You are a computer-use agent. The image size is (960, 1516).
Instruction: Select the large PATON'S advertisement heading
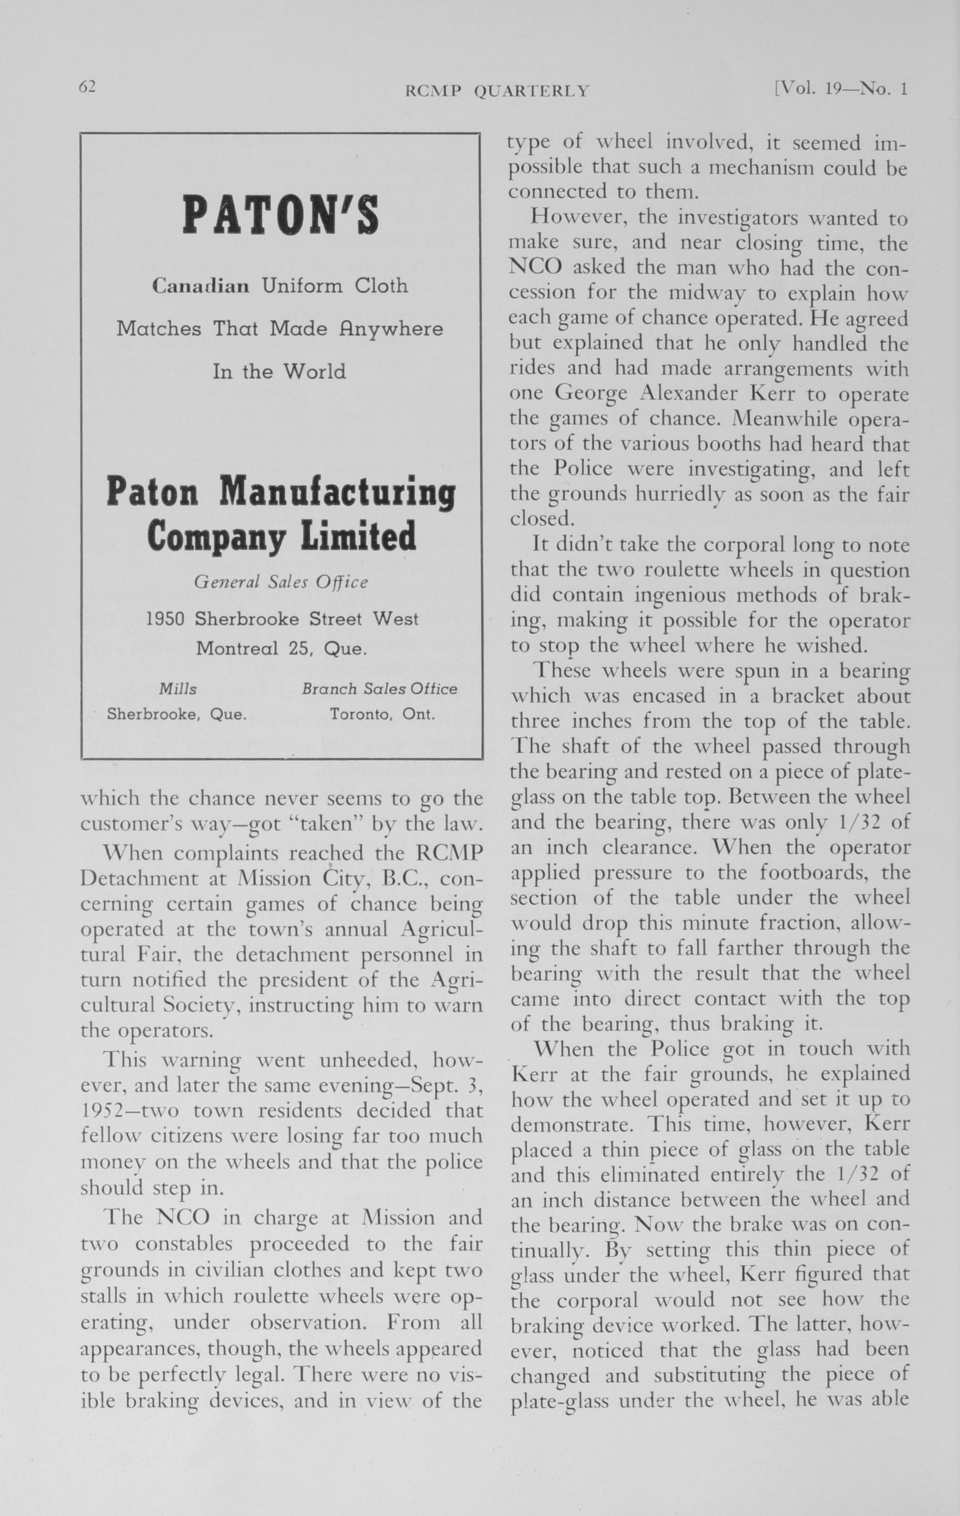pos(281,215)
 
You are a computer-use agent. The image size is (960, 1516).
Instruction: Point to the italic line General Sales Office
pos(281,582)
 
